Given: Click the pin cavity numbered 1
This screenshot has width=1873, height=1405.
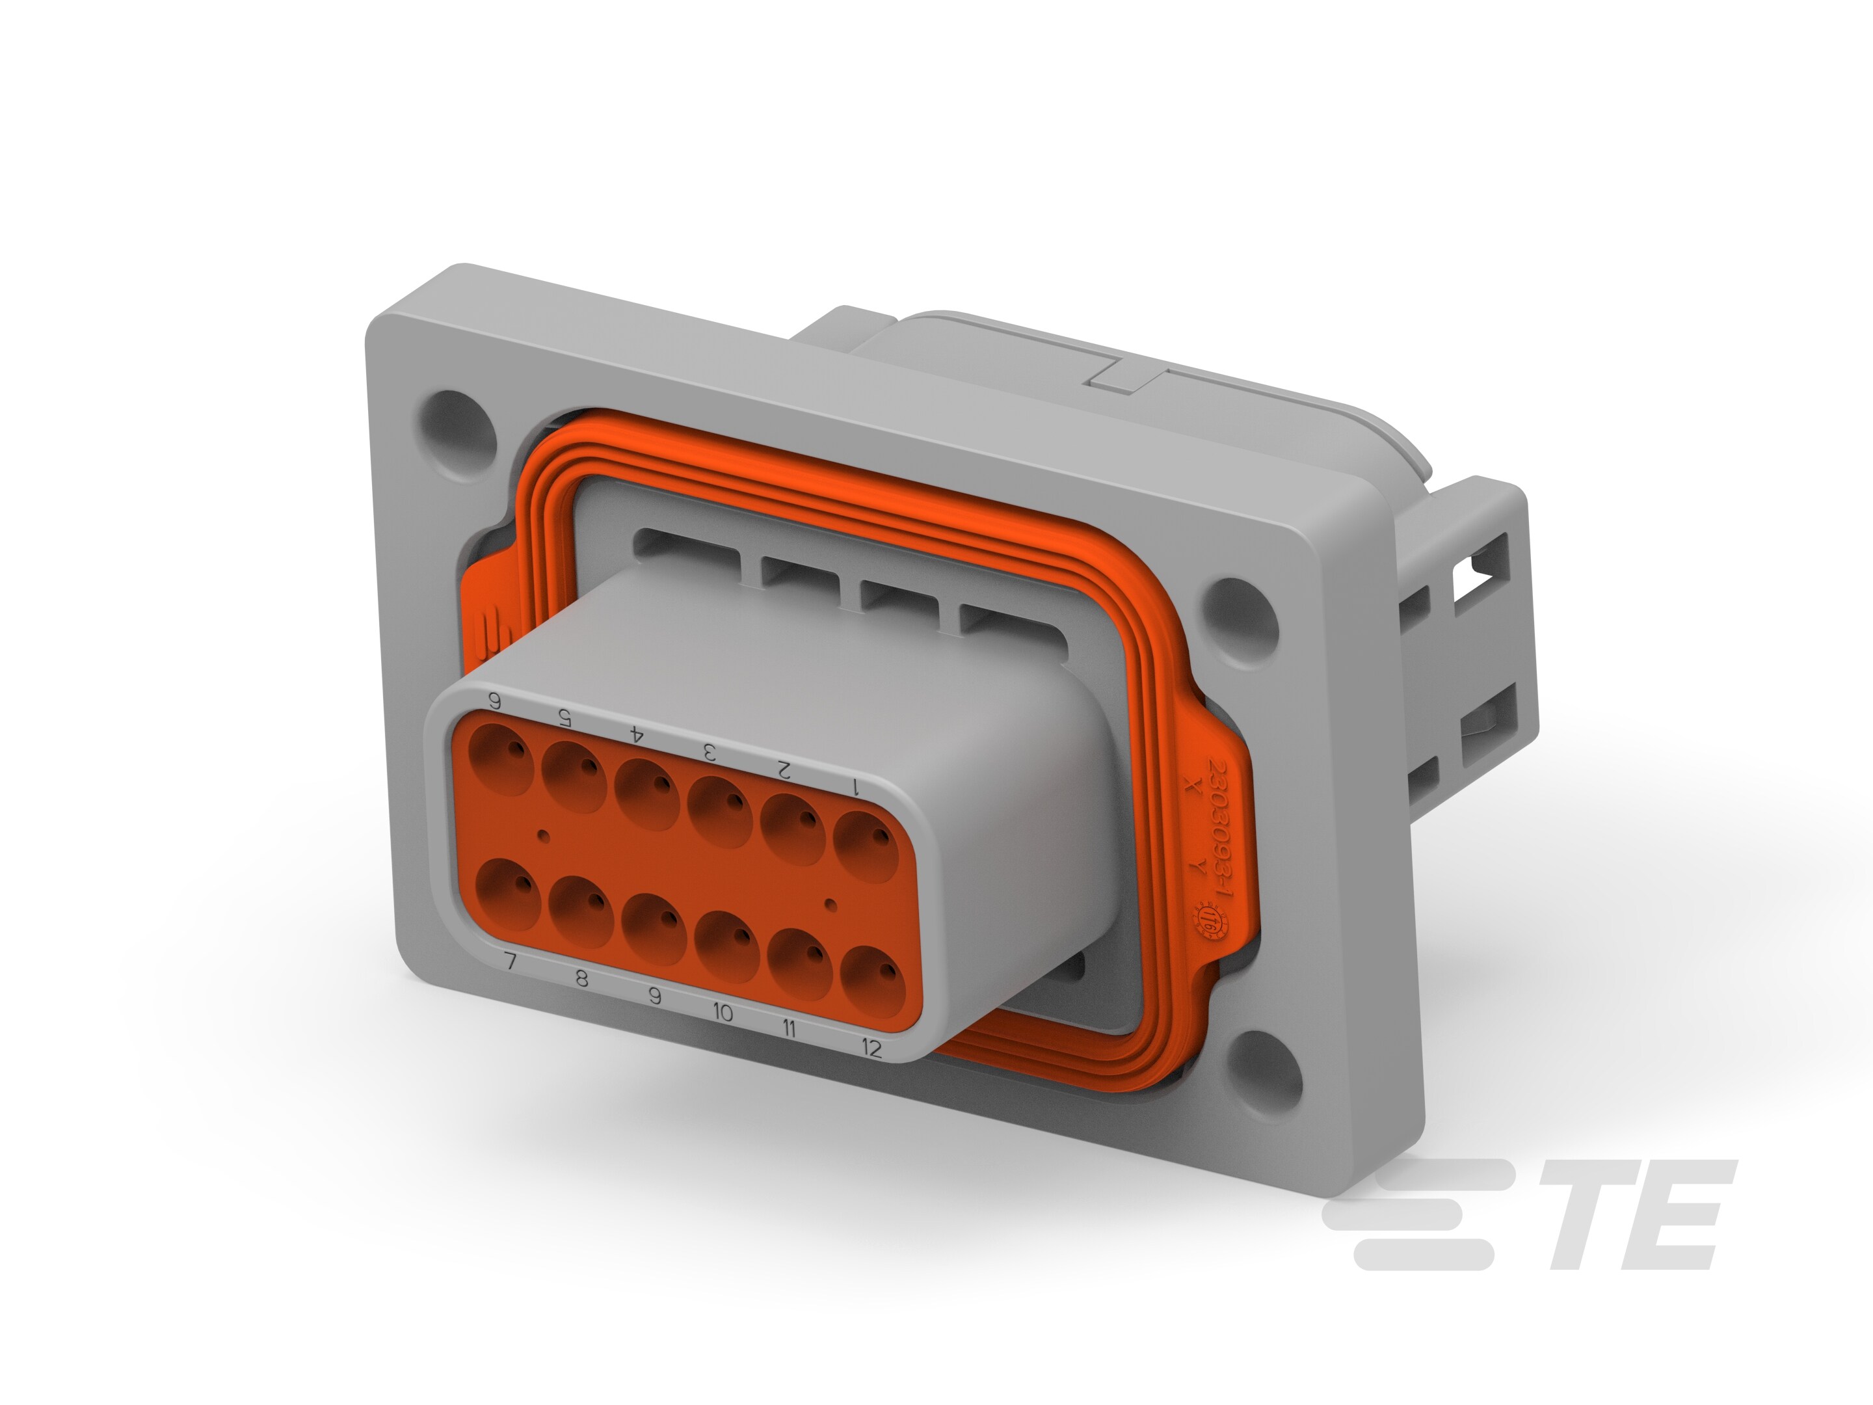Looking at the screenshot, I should click(x=866, y=847).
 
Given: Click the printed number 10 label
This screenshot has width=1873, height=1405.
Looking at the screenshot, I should click(x=723, y=1012).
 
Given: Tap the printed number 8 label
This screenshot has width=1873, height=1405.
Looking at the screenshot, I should click(x=581, y=980).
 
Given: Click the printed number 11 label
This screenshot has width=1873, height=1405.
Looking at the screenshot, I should click(x=788, y=1029).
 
